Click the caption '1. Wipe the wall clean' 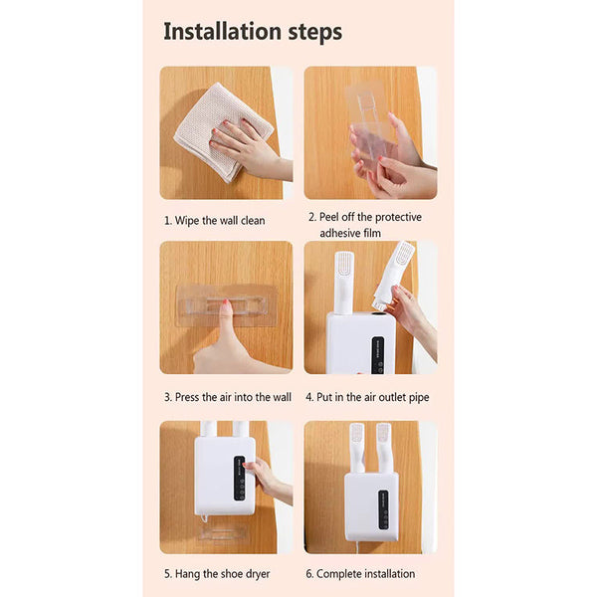click(214, 220)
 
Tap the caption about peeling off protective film click(365, 224)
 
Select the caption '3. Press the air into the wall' click(227, 396)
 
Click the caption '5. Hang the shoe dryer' click(216, 573)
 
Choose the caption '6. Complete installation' click(361, 573)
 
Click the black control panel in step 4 click(379, 354)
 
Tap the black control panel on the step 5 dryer click(238, 479)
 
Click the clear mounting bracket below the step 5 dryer click(222, 533)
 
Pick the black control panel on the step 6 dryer click(383, 508)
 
